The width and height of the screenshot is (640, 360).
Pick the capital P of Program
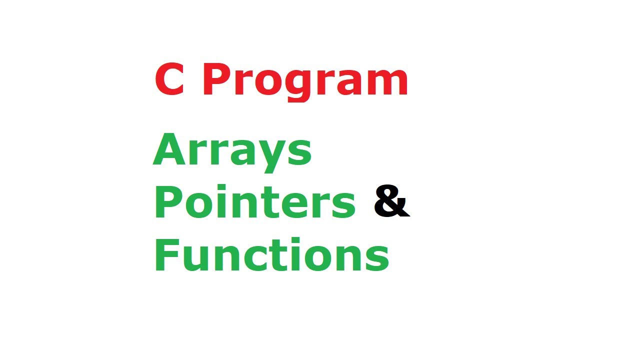click(216, 80)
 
